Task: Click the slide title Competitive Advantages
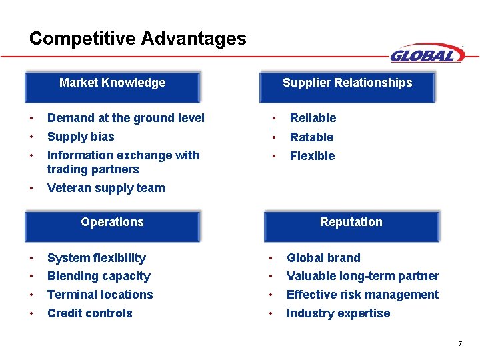click(137, 39)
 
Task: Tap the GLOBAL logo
click(427, 54)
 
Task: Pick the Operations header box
click(112, 225)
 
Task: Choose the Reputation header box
click(351, 225)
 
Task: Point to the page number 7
click(460, 344)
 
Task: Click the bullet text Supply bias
click(81, 137)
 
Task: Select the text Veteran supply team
click(106, 188)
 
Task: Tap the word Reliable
click(313, 118)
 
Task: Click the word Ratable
click(311, 137)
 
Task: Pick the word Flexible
click(312, 156)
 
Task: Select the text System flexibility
click(97, 258)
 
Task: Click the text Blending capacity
click(99, 276)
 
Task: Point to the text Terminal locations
click(100, 295)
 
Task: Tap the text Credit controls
click(90, 313)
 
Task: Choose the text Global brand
click(323, 258)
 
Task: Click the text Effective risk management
click(363, 295)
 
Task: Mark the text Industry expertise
click(338, 313)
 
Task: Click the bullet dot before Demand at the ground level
click(31, 119)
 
